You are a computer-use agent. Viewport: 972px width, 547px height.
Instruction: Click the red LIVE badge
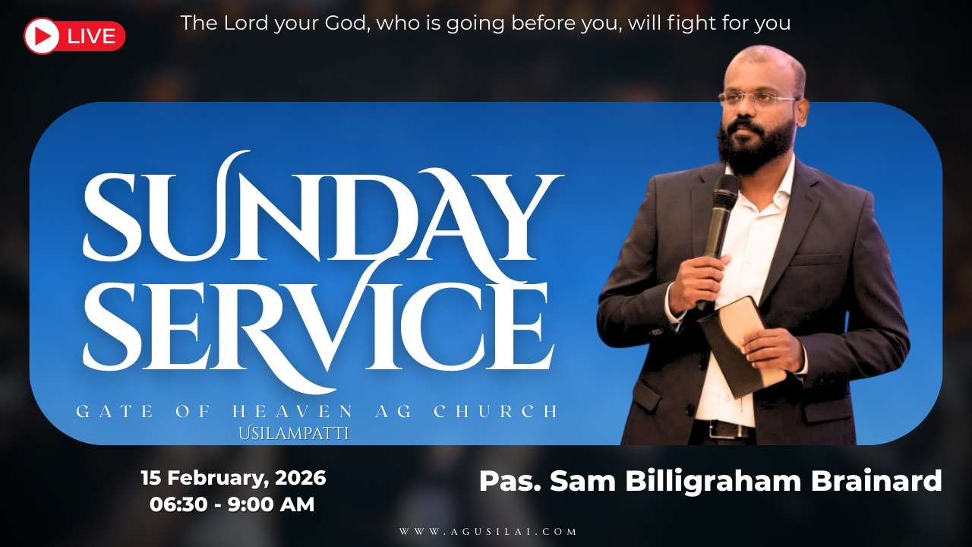click(x=74, y=36)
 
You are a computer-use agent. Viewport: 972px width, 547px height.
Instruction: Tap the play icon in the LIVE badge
click(x=42, y=36)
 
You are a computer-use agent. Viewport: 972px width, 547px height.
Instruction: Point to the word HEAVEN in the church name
click(x=292, y=412)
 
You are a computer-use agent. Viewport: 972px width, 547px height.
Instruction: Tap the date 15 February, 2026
click(x=233, y=478)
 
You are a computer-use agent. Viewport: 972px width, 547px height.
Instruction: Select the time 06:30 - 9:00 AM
click(x=232, y=503)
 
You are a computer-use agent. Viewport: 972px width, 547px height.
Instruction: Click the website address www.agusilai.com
click(x=488, y=532)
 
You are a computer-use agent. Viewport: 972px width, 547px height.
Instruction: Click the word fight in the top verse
click(x=689, y=23)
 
